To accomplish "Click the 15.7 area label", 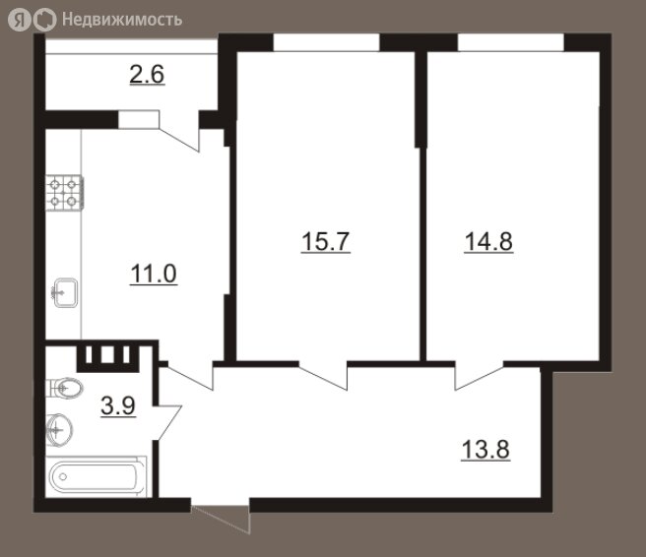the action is pyautogui.click(x=326, y=241).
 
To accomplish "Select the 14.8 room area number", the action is pyautogui.click(x=488, y=241).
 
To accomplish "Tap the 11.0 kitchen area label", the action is pyautogui.click(x=154, y=274).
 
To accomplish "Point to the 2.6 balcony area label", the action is pyautogui.click(x=147, y=75).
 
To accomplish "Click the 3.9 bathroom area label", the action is pyautogui.click(x=118, y=406).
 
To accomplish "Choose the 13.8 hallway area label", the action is pyautogui.click(x=485, y=449).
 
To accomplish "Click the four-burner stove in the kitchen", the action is pyautogui.click(x=64, y=193).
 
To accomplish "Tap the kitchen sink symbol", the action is pyautogui.click(x=65, y=292).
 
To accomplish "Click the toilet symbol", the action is pyautogui.click(x=64, y=388).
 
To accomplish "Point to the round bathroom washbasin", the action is pyautogui.click(x=59, y=430).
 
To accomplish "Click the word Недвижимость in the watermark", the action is pyautogui.click(x=122, y=20).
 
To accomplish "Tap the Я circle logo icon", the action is pyautogui.click(x=20, y=20).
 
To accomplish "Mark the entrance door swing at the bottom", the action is pyautogui.click(x=221, y=516).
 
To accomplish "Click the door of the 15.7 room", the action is pyautogui.click(x=323, y=376).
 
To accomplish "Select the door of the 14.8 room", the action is pyautogui.click(x=480, y=376).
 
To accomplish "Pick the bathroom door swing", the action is pyautogui.click(x=167, y=423).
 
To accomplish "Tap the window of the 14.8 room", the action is pyautogui.click(x=510, y=43).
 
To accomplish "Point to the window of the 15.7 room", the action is pyautogui.click(x=326, y=43).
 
